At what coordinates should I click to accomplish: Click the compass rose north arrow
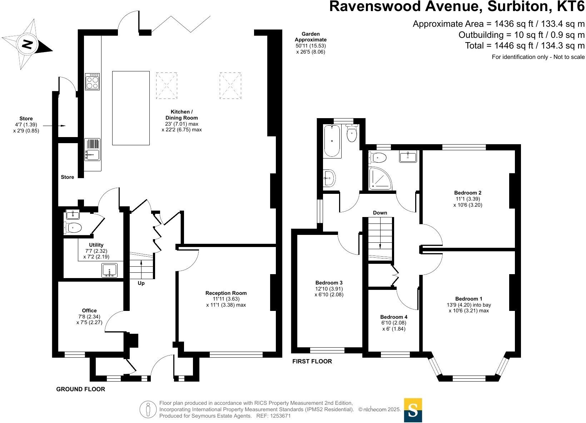[27, 45]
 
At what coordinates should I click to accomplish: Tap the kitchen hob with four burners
[92, 82]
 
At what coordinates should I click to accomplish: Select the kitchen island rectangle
[131, 108]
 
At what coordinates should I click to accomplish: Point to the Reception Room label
[226, 293]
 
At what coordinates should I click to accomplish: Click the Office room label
[89, 311]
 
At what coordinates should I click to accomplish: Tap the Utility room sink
[110, 270]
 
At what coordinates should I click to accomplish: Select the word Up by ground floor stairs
[141, 283]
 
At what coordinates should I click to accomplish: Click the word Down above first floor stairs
[380, 213]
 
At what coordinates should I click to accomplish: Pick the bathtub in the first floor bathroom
[333, 141]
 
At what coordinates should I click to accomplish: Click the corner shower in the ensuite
[380, 178]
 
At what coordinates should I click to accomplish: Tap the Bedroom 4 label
[394, 317]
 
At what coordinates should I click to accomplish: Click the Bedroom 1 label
[469, 299]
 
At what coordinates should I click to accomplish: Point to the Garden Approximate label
[311, 37]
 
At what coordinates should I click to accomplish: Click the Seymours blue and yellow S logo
[413, 410]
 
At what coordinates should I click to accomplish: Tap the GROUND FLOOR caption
[81, 389]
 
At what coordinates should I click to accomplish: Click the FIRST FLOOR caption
[312, 361]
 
